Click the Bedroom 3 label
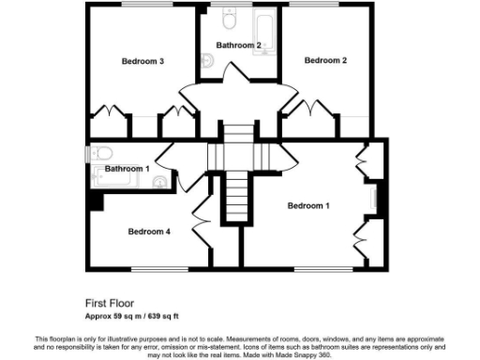pyautogui.click(x=143, y=62)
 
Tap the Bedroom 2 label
pyautogui.click(x=325, y=60)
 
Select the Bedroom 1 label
pyautogui.click(x=308, y=205)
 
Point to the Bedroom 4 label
pyautogui.click(x=149, y=232)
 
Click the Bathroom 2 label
pyautogui.click(x=237, y=45)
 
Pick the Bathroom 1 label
pyautogui.click(x=127, y=169)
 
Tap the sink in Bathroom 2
pyautogui.click(x=207, y=62)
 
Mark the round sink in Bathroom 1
pyautogui.click(x=162, y=182)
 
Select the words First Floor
pyautogui.click(x=108, y=303)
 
